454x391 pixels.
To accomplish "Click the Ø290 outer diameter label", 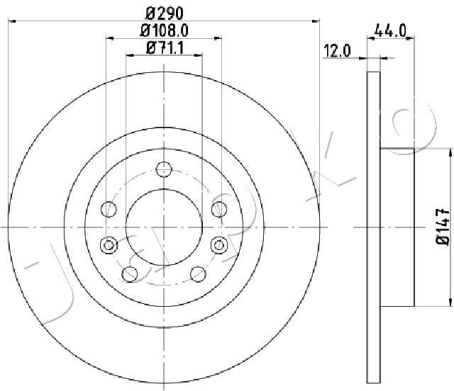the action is tap(164, 13).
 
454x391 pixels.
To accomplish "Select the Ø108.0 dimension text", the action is tap(164, 30).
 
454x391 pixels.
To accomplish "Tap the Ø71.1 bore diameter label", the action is tap(165, 47).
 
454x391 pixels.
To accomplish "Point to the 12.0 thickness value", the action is tap(337, 51).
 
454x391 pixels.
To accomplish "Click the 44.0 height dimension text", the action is tap(391, 30).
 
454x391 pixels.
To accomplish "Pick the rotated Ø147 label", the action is tap(443, 227).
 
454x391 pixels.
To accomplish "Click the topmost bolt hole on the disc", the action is tap(164, 169).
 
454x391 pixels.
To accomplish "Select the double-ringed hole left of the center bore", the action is tap(109, 245).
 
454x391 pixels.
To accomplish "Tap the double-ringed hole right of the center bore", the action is tap(219, 245).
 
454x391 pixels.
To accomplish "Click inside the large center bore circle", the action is tap(164, 227).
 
